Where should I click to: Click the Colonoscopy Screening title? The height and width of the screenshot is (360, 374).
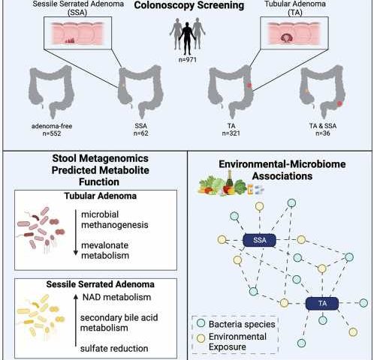click(189, 5)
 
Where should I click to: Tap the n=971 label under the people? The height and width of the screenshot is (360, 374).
click(188, 60)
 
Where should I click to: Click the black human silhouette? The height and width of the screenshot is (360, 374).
click(188, 38)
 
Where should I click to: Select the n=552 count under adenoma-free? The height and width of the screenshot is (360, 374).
click(52, 133)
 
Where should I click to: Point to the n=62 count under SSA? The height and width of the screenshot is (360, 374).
click(140, 133)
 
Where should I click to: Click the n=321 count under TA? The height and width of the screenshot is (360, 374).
click(231, 133)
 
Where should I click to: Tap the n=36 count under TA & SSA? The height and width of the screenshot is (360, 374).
click(323, 133)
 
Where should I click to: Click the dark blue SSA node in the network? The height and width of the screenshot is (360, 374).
click(260, 240)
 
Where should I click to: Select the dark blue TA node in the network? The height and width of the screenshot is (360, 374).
click(322, 304)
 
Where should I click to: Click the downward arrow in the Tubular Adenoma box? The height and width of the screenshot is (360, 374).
click(76, 232)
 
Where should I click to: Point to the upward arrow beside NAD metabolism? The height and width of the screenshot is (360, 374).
click(76, 320)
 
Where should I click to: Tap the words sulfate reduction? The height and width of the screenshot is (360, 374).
click(114, 349)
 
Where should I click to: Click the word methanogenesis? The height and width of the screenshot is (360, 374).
click(115, 225)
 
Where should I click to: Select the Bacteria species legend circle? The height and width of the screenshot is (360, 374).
click(201, 323)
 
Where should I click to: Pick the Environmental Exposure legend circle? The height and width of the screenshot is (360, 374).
click(201, 338)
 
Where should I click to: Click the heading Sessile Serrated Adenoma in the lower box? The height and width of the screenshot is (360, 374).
click(100, 284)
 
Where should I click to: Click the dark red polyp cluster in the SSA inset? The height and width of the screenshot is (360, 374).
click(70, 40)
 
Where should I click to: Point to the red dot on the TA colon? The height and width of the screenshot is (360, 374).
click(249, 85)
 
